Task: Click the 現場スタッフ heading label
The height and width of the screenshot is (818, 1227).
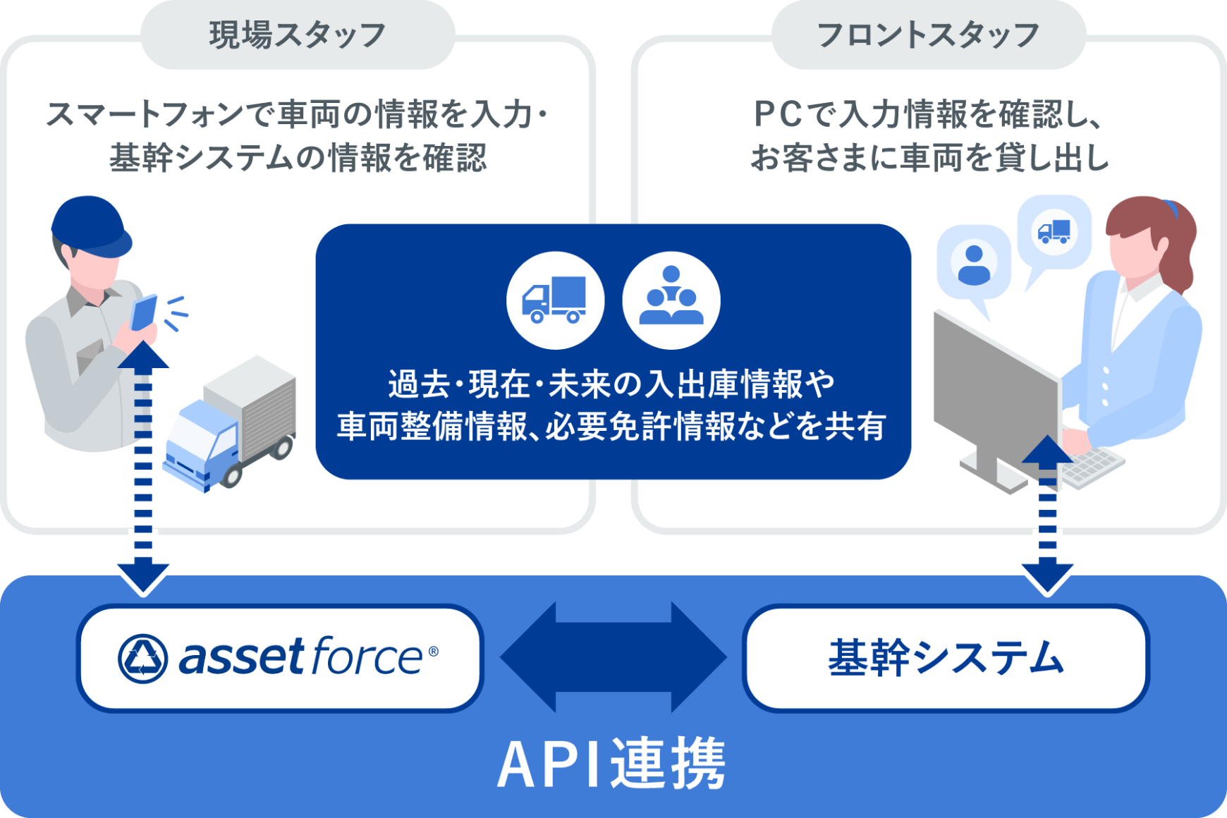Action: pos(298,35)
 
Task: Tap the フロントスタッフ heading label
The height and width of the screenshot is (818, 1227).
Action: pos(928,35)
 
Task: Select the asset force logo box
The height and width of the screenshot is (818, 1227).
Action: pos(280,658)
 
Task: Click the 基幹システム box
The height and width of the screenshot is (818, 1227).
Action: pos(946,658)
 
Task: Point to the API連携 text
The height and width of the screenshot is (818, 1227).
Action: pos(611,764)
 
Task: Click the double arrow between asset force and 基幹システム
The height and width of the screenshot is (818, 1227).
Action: pos(613,657)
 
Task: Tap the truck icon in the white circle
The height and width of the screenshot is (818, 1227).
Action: pos(555,300)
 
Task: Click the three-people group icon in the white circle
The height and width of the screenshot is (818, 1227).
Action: pos(671,300)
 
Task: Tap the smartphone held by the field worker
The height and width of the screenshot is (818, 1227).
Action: pos(144,312)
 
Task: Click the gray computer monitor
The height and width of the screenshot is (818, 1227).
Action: pos(996,381)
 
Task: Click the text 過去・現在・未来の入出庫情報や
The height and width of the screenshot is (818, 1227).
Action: pos(611,384)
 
